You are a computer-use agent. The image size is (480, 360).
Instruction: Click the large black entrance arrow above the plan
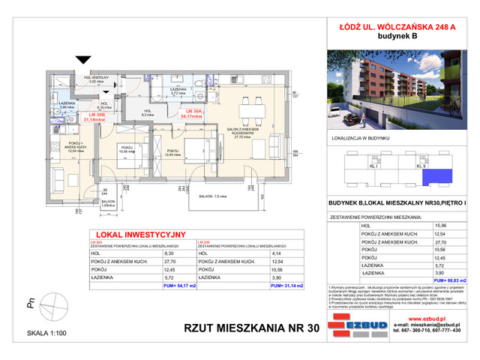tap(78, 62)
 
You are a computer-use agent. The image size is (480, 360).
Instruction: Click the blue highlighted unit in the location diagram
tap(433, 178)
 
